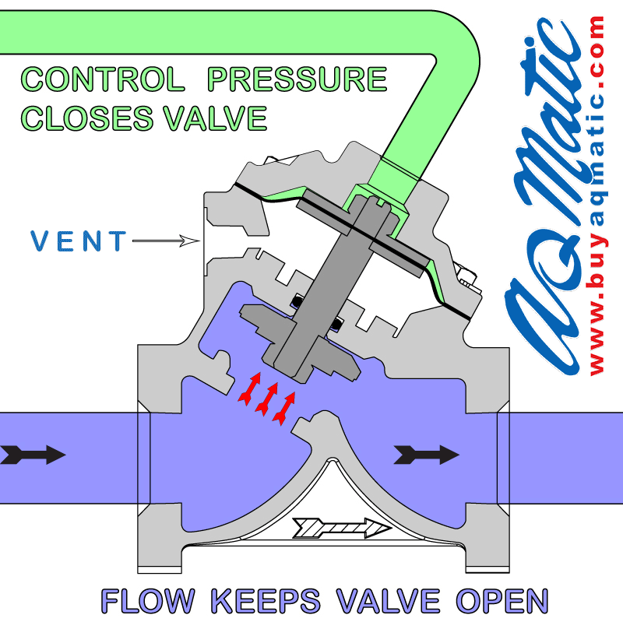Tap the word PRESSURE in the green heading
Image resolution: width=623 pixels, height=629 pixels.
[x=299, y=79]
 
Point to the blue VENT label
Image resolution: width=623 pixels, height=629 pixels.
[x=78, y=241]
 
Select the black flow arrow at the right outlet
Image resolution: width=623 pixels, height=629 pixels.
[x=425, y=454]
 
